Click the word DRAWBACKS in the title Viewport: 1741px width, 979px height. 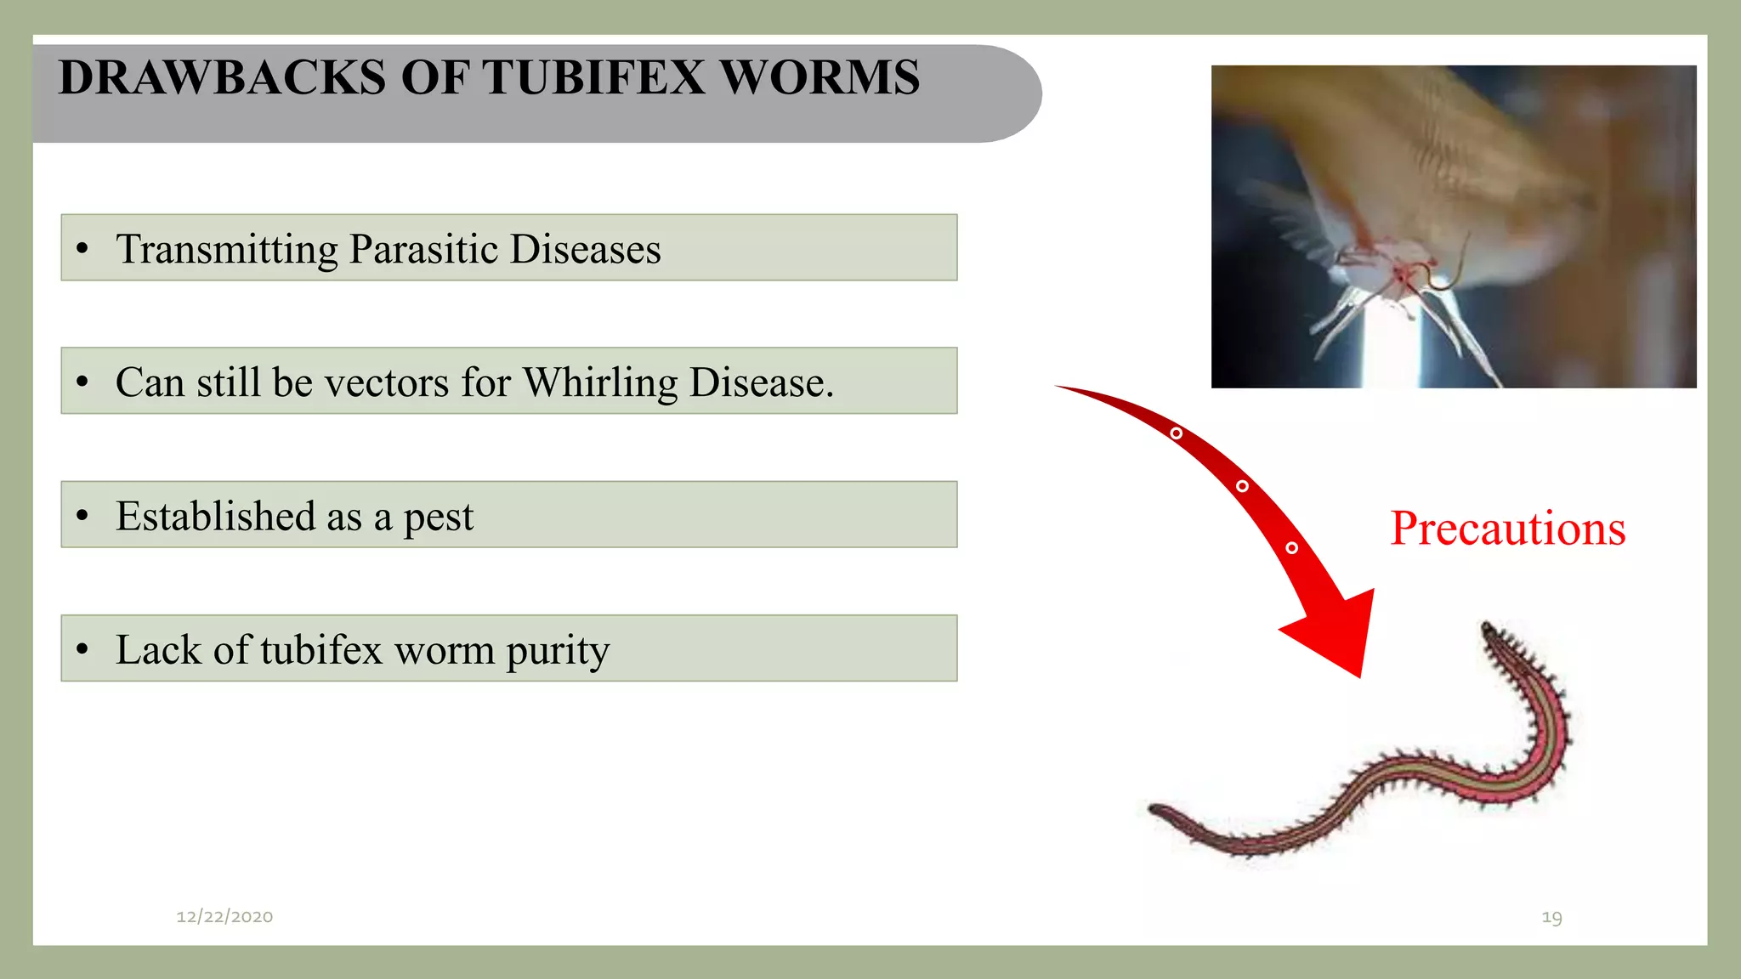coord(222,77)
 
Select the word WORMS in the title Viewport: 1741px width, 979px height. coord(820,77)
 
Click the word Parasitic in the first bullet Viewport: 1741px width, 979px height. coord(422,249)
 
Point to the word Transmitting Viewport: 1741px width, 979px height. coord(227,249)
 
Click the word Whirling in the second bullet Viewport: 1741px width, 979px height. coord(599,382)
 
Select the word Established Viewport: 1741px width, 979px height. coord(216,516)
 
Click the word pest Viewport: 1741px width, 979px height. coord(438,518)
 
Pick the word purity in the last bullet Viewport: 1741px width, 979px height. coord(558,651)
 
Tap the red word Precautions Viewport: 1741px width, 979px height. coord(1507,529)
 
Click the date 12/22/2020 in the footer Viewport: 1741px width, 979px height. coord(224,916)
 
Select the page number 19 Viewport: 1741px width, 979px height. coord(1551,917)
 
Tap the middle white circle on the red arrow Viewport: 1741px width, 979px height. coord(1242,486)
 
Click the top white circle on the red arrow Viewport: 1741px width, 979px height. coord(1176,433)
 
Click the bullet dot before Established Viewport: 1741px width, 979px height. coord(82,515)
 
